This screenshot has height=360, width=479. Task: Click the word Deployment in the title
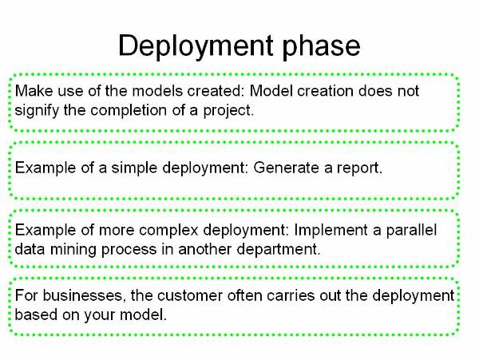coord(196,46)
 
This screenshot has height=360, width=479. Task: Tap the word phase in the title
coord(321,46)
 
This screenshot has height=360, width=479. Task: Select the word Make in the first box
coord(34,91)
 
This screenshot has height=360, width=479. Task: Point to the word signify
coord(37,110)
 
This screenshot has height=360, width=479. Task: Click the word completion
coord(129,110)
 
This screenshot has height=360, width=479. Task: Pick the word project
coord(228,110)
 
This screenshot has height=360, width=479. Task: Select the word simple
coord(134,168)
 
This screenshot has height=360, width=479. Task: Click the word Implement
coord(331,231)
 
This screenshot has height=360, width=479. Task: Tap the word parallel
coord(411,231)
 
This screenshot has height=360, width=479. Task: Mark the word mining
coord(73,250)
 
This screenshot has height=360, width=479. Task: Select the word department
coord(279,250)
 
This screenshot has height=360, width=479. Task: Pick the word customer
coord(190,296)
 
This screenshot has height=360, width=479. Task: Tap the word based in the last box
coord(36,315)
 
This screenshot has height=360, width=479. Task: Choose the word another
coord(204,249)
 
